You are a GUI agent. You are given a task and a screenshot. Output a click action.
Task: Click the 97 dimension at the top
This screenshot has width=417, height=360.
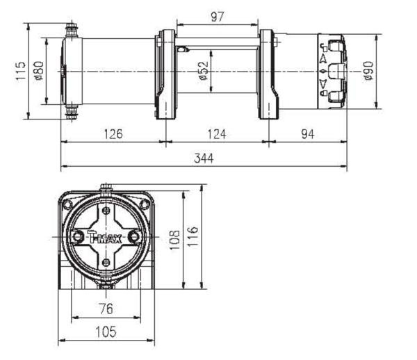[219, 15]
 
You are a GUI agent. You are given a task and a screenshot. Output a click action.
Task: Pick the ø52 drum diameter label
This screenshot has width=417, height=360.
[203, 70]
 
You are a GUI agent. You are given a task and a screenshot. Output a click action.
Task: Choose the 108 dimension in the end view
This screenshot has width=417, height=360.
[174, 239]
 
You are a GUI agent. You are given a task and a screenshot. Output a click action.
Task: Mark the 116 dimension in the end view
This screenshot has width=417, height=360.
[194, 238]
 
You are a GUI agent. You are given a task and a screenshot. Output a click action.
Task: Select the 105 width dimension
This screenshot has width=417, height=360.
[106, 332]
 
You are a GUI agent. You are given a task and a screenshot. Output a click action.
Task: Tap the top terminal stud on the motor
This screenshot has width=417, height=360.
[71, 30]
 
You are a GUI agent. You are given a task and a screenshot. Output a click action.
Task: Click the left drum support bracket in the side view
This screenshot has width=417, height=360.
[165, 74]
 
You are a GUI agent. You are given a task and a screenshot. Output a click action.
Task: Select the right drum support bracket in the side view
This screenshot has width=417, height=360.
[268, 74]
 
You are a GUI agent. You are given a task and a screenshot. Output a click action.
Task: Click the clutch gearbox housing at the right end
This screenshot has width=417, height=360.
[331, 72]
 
